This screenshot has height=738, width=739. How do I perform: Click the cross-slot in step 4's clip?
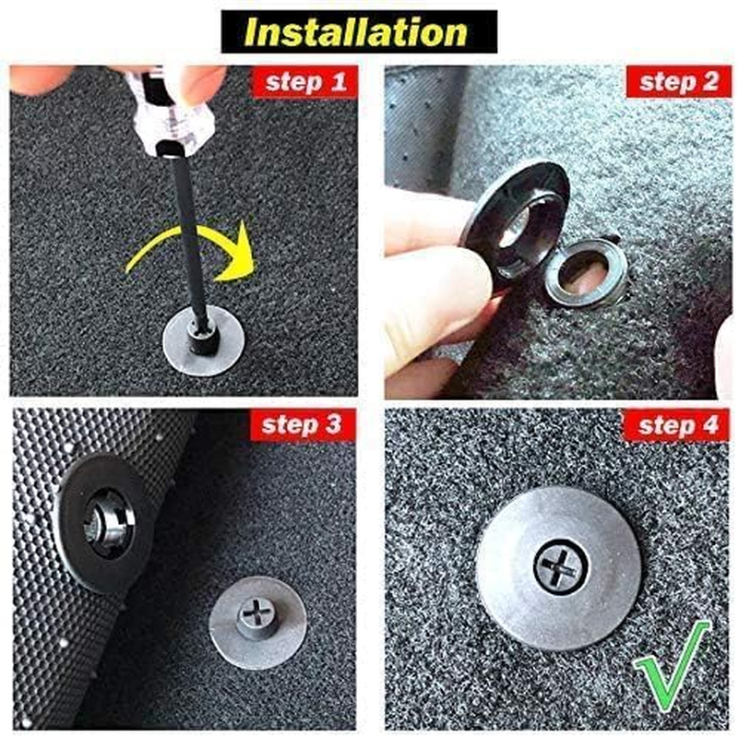click(x=560, y=568)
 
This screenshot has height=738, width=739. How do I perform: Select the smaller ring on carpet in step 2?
click(x=585, y=273)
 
